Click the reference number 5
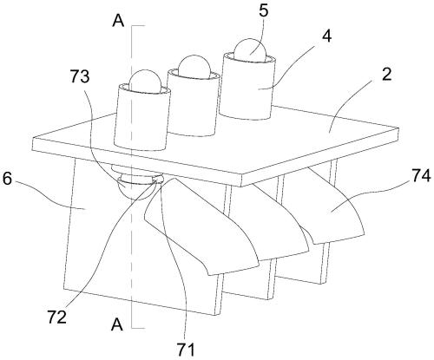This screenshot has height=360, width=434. click(263, 10)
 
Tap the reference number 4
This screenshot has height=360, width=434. click(327, 36)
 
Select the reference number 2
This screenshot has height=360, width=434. click(386, 75)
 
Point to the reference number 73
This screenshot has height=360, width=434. click(80, 76)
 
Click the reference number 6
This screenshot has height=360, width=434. click(8, 179)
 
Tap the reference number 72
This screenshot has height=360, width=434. click(57, 317)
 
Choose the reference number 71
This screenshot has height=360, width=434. click(186, 350)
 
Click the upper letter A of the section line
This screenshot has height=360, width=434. click(118, 21)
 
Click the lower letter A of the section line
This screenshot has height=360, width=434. click(117, 324)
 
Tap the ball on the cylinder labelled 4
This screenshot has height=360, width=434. click(249, 49)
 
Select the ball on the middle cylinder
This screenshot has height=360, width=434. click(194, 67)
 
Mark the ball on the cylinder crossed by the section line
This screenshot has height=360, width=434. click(144, 81)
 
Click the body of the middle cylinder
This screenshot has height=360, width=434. click(193, 104)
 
